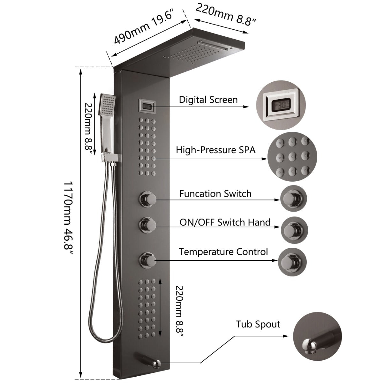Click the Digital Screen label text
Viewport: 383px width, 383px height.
point(208,100)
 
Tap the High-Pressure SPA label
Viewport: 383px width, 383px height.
point(216,150)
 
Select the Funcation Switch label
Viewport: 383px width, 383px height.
point(215,194)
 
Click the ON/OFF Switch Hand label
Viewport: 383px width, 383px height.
point(225,222)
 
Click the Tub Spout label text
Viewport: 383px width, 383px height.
point(258,325)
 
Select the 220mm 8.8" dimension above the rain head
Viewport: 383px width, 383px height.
point(226,15)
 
